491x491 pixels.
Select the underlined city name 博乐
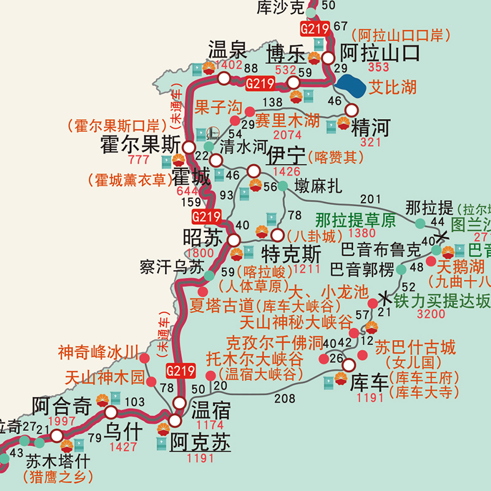tap(285, 54)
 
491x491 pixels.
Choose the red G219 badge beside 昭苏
tap(206, 217)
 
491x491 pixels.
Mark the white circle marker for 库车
tap(349, 365)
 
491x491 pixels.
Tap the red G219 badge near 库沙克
tap(315, 28)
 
